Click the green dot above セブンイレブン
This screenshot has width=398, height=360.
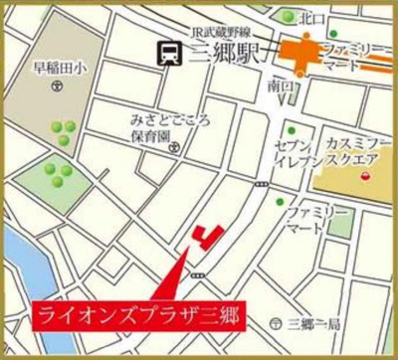(291, 131)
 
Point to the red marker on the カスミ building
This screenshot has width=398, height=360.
(363, 176)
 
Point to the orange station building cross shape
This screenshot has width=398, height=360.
(300, 52)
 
